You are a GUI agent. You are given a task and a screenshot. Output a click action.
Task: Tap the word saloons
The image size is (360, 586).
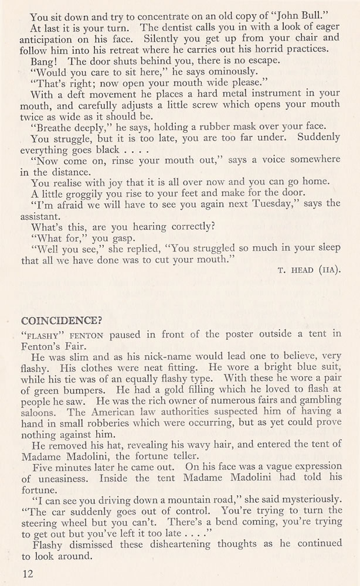[40, 411]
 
